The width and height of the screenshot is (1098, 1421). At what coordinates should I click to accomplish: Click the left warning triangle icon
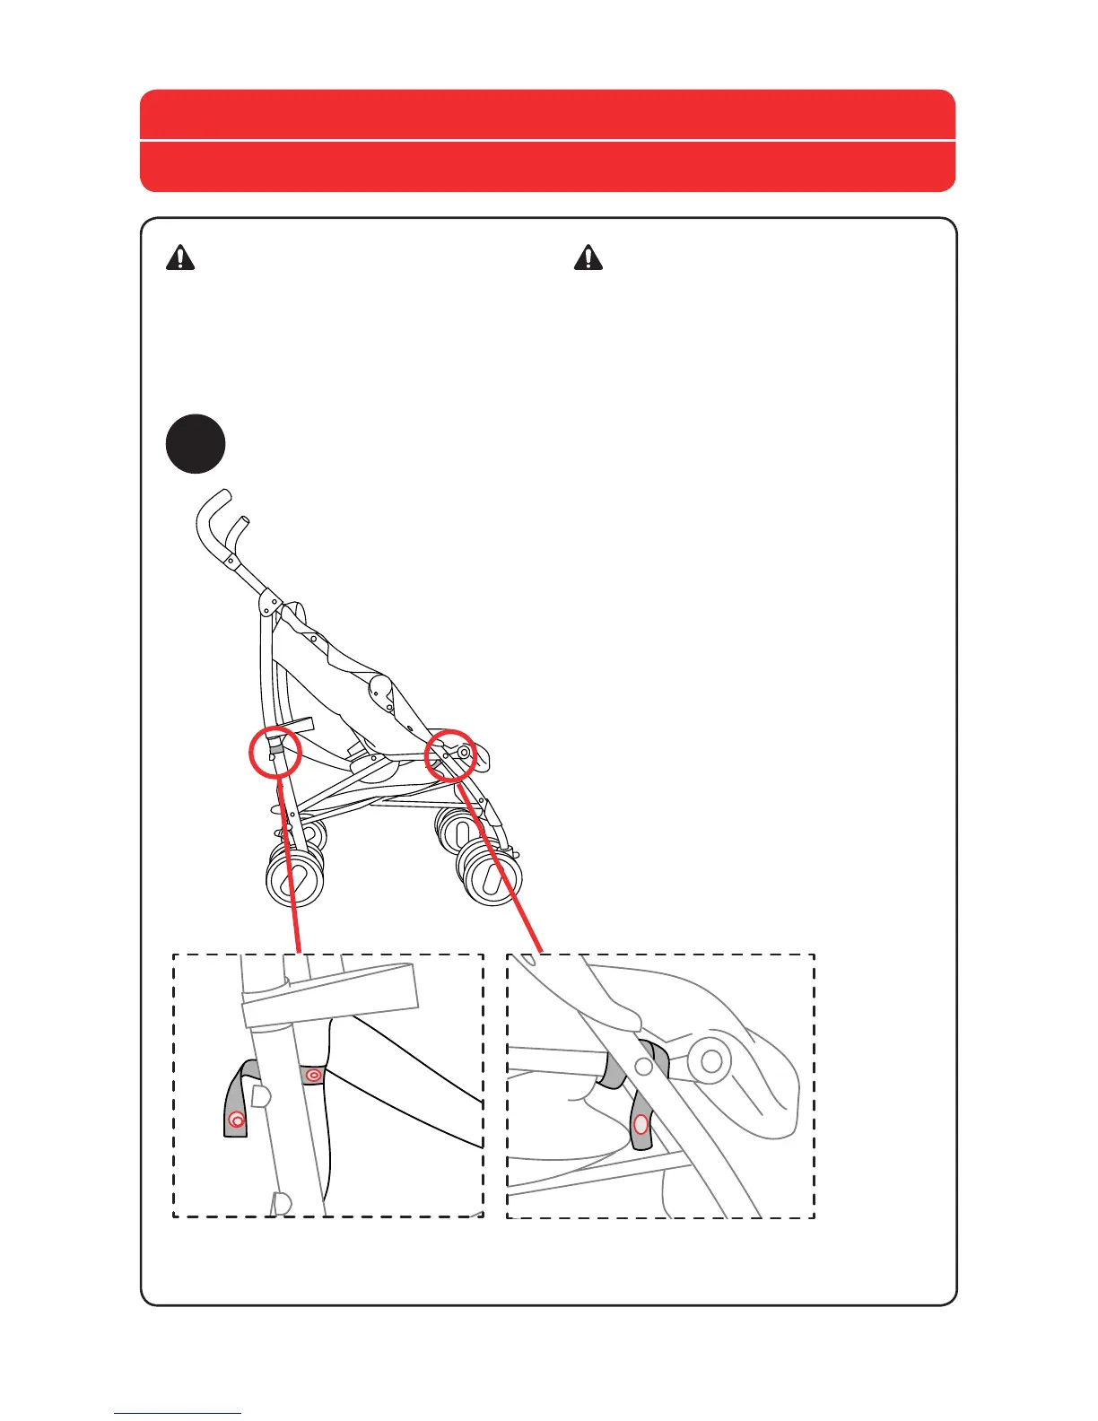point(180,257)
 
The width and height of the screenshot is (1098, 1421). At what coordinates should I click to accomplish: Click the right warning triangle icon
point(588,257)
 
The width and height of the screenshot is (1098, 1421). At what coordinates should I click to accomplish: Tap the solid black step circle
point(195,444)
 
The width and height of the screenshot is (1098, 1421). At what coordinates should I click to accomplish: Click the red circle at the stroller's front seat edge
point(449,755)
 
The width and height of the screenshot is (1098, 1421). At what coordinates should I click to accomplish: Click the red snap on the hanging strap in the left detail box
point(237,1120)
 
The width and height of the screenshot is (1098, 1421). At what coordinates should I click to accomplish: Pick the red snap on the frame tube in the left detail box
point(313,1075)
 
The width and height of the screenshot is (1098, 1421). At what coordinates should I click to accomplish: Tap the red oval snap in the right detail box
point(640,1125)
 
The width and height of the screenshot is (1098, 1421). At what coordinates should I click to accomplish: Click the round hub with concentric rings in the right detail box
point(711,1061)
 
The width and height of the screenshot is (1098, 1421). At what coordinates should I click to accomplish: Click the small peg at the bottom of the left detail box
point(282,1202)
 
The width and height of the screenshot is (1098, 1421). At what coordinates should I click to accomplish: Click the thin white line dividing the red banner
point(547,140)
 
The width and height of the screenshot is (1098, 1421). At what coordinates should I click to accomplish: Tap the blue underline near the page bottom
point(178,1413)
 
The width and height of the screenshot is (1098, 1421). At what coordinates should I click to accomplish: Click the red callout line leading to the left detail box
point(290,861)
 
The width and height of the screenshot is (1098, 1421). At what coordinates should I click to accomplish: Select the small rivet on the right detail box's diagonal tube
point(643,1066)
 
